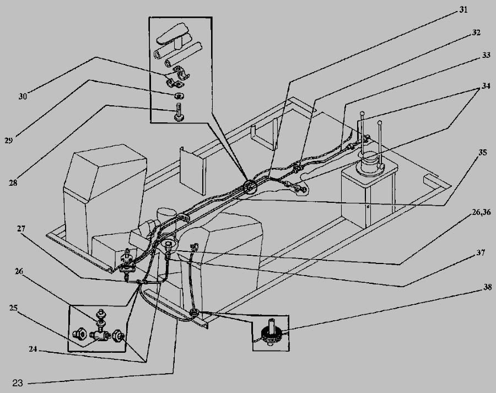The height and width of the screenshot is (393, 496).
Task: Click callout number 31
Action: coord(463,10)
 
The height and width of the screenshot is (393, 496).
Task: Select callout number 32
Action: coord(476,33)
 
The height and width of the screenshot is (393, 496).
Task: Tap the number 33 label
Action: coord(486,55)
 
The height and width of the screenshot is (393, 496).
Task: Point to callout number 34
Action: coord(486,86)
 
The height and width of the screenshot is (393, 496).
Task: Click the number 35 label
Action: coord(482,153)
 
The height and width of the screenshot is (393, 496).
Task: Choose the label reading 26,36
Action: coord(481,212)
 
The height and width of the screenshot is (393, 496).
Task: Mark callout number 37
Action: coord(481,253)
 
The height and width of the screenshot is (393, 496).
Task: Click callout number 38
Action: coord(488,287)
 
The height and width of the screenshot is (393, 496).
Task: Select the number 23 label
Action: coord(18,383)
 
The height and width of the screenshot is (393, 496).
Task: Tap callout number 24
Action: coord(33,349)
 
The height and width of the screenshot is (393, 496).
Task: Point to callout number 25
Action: coord(13,308)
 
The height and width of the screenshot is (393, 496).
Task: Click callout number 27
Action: coord(21,229)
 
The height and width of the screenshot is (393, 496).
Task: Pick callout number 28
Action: coord(13,182)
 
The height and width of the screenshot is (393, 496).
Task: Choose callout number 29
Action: coord(8,140)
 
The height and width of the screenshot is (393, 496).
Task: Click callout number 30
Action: coord(23,96)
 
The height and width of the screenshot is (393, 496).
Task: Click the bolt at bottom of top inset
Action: coord(179,112)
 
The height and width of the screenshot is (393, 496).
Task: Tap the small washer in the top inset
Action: coord(179,95)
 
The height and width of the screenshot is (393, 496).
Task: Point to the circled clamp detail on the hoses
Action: coord(251,187)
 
